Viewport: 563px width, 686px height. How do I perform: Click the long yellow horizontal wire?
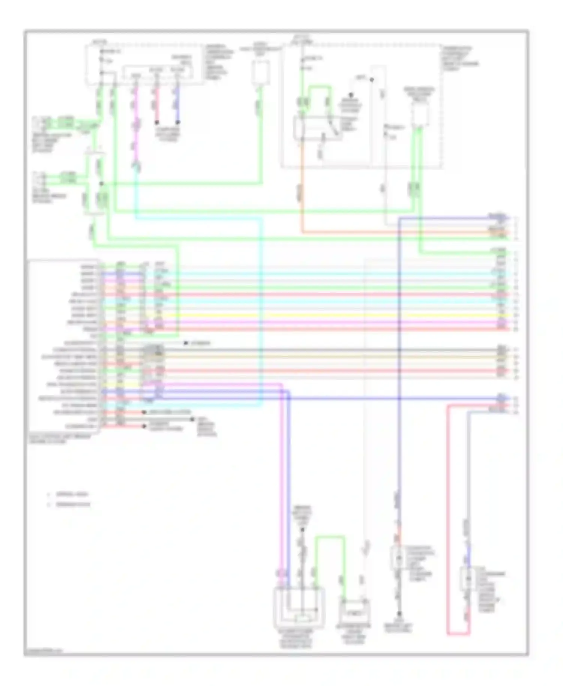click(338, 316)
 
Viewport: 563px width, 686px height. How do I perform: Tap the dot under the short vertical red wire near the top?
click(157, 122)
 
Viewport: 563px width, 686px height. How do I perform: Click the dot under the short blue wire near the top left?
click(178, 122)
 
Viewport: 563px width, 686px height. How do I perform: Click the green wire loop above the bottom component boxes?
click(330, 537)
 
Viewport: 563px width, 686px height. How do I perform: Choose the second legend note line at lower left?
click(73, 504)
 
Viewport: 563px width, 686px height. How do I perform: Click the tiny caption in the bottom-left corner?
click(44, 650)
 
